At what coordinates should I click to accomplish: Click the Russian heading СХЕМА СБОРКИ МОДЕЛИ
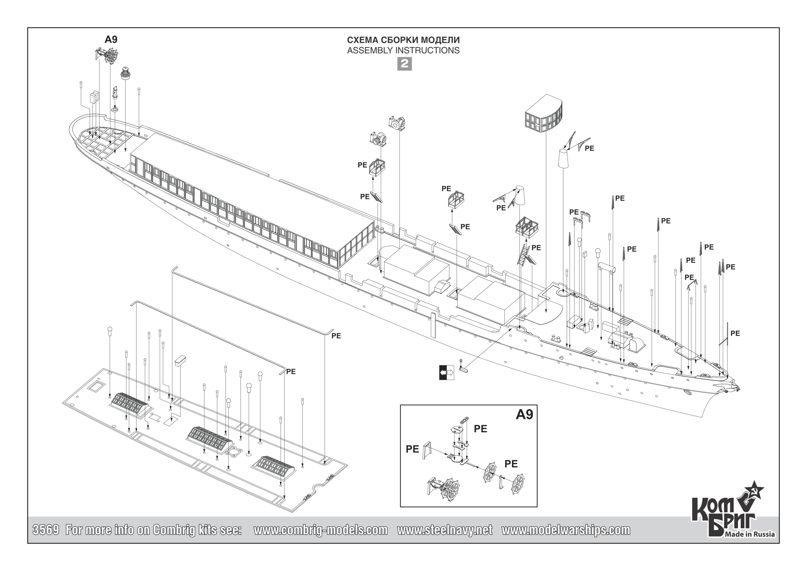(x=403, y=40)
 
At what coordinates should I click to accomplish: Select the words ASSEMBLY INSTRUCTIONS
(x=403, y=50)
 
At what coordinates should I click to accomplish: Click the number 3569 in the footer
(x=46, y=530)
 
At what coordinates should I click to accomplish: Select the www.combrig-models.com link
(x=320, y=530)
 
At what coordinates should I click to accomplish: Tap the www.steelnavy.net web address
(x=445, y=530)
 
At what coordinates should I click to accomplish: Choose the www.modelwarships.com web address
(x=565, y=530)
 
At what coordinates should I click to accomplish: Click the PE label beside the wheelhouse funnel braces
(x=589, y=149)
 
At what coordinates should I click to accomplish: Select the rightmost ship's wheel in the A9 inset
(x=518, y=484)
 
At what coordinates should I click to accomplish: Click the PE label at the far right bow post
(x=735, y=333)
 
